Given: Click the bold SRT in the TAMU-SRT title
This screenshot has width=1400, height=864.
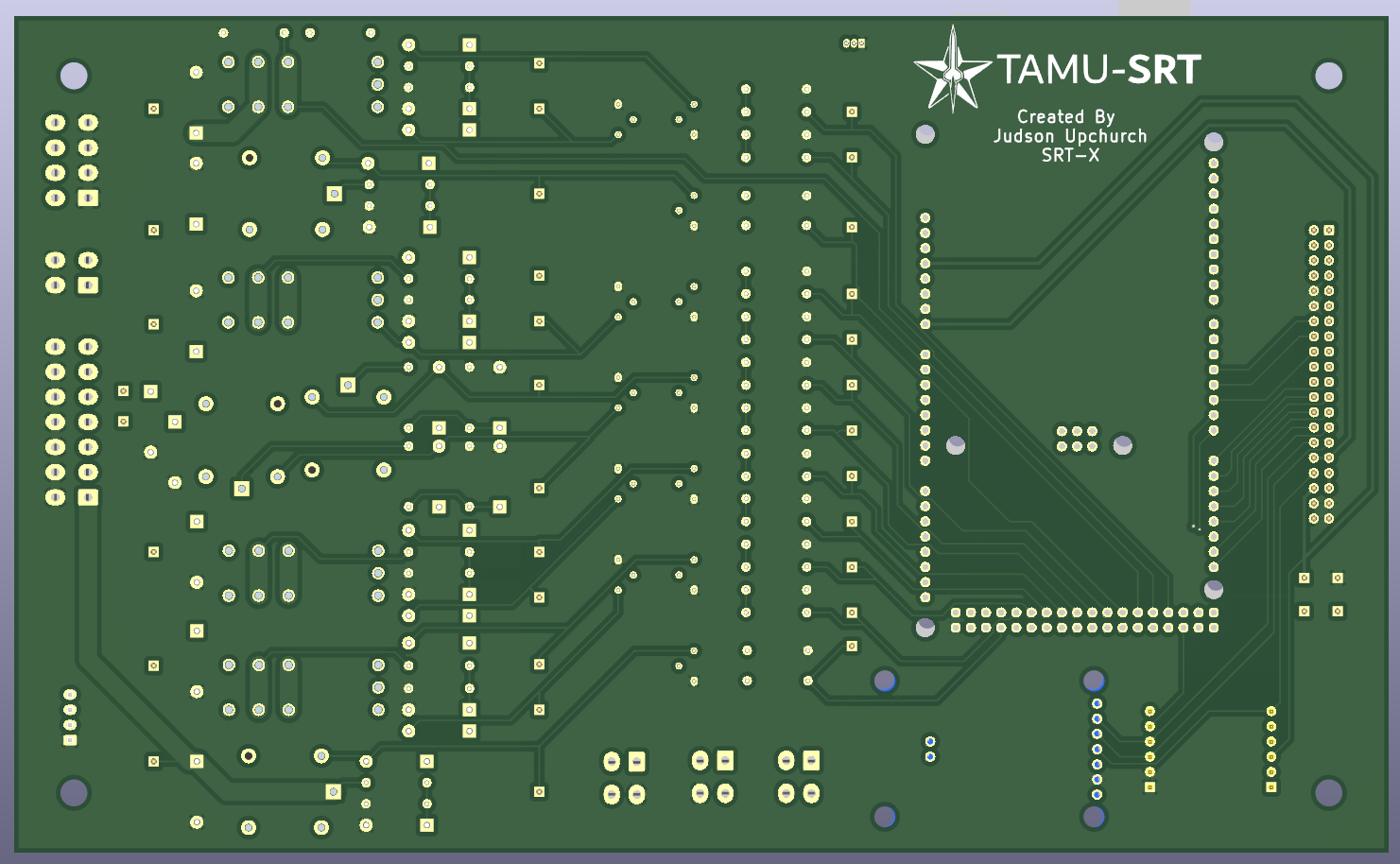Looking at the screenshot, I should click(x=1165, y=70).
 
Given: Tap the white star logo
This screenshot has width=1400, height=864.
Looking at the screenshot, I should click(x=952, y=69).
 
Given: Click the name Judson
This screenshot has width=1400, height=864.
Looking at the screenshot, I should click(x=1024, y=136).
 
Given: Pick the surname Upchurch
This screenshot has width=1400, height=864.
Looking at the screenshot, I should click(x=1105, y=136).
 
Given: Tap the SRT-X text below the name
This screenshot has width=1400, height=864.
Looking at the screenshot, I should click(x=1070, y=155).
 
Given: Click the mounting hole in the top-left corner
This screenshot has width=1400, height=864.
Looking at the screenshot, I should click(x=74, y=76).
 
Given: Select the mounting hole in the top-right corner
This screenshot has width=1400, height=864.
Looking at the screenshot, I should click(x=1328, y=76).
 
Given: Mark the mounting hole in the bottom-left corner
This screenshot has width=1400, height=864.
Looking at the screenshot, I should click(x=74, y=792).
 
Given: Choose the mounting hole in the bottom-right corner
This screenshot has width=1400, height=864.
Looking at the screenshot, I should click(x=1328, y=792).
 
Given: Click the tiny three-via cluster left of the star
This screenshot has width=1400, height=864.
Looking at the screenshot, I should click(x=853, y=43).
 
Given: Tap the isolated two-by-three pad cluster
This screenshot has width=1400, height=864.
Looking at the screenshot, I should click(x=1077, y=439).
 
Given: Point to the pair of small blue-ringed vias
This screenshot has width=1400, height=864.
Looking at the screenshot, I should click(x=930, y=749).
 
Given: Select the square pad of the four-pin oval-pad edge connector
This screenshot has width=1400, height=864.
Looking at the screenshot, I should click(x=88, y=285).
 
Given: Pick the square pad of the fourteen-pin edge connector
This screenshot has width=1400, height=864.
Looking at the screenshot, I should click(x=88, y=496).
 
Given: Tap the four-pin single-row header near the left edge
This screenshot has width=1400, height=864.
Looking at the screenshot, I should click(x=70, y=717).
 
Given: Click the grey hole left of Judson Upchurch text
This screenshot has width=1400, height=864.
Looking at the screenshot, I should click(x=925, y=134).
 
